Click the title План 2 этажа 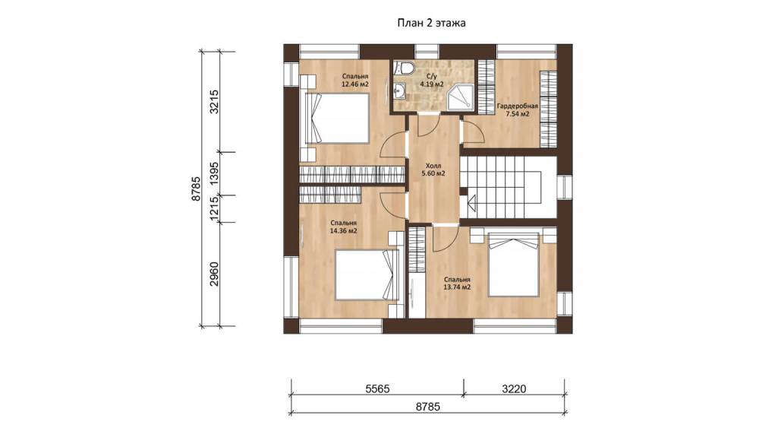(431, 23)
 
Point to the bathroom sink (399, 90)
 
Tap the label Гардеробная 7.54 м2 (518, 110)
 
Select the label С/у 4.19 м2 (432, 81)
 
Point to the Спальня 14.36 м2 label (343, 227)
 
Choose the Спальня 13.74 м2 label (458, 284)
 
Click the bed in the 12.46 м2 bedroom (338, 119)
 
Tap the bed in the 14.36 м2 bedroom (367, 275)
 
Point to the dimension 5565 (377, 388)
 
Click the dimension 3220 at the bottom (514, 388)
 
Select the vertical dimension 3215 (213, 102)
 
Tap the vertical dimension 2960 (213, 274)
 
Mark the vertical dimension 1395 (213, 173)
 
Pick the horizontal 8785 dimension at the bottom (428, 407)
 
